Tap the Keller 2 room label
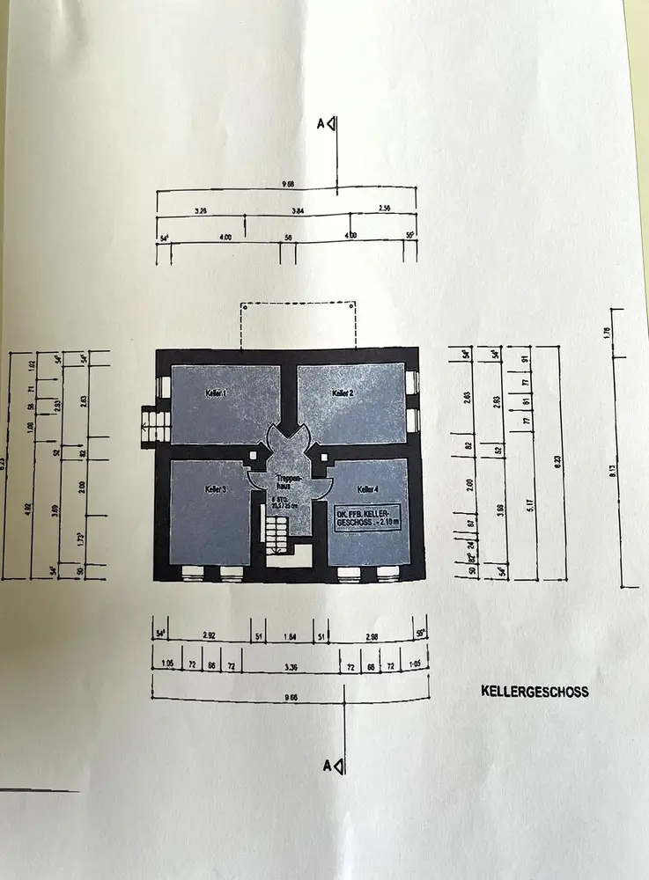tap(343, 392)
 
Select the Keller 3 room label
tap(217, 488)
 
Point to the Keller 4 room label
tap(368, 489)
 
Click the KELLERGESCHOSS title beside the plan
tap(535, 692)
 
